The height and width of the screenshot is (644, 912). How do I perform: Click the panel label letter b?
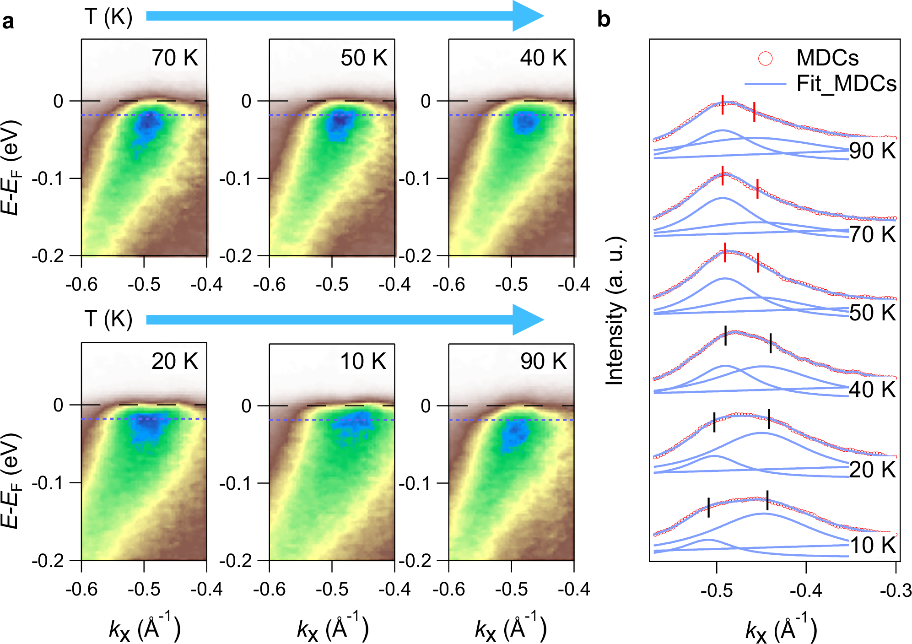pyautogui.click(x=604, y=20)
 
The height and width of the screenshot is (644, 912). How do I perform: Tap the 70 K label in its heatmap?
pyautogui.click(x=175, y=58)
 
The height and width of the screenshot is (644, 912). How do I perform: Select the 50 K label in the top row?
pyautogui.click(x=363, y=58)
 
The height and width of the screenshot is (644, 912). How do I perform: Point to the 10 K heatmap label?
pyautogui.click(x=363, y=362)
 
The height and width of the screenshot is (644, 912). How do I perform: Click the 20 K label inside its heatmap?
pyautogui.click(x=175, y=362)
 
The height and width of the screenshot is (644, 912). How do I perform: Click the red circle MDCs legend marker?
pyautogui.click(x=766, y=58)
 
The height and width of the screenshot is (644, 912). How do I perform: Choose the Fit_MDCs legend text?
pyautogui.click(x=846, y=84)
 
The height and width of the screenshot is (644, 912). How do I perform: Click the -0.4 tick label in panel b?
pyautogui.click(x=806, y=591)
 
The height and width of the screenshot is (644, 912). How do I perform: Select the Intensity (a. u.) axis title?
pyautogui.click(x=615, y=311)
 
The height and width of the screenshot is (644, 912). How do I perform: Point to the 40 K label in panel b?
pyautogui.click(x=872, y=390)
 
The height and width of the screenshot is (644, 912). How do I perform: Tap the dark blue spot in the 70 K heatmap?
pyautogui.click(x=147, y=123)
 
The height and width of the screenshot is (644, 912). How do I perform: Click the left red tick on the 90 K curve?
pyautogui.click(x=723, y=104)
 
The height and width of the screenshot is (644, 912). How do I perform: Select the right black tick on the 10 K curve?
pyautogui.click(x=767, y=500)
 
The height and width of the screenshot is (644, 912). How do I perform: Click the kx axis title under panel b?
pyautogui.click(x=781, y=629)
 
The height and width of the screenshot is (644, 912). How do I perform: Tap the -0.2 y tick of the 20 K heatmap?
pyautogui.click(x=48, y=561)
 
